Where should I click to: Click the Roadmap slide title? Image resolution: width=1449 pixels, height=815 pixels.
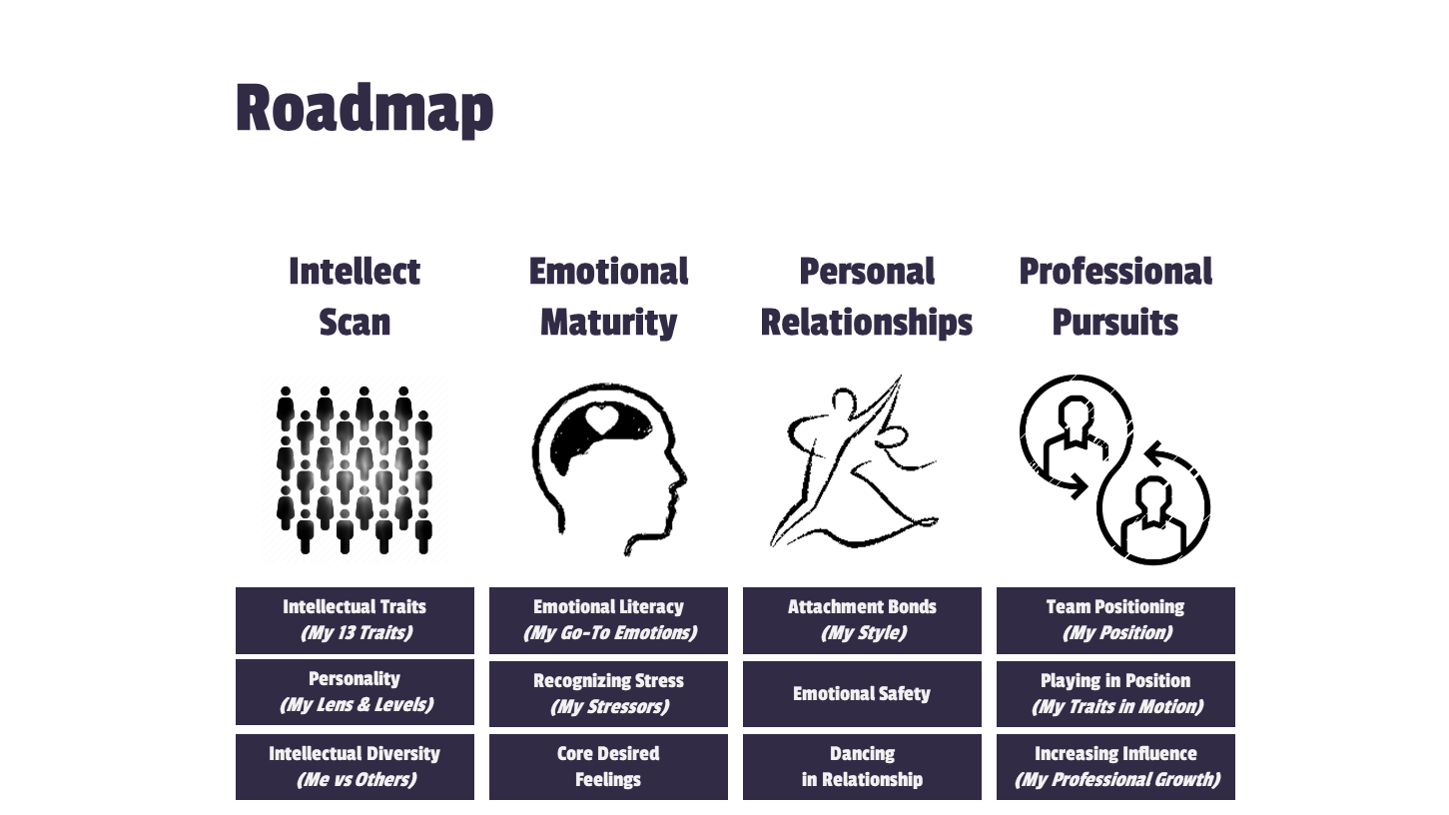(364, 108)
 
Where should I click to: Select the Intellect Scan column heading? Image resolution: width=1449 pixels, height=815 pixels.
(355, 297)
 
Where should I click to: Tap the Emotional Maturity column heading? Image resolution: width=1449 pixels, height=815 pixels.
(608, 297)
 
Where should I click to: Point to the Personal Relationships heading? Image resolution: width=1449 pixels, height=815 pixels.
(866, 297)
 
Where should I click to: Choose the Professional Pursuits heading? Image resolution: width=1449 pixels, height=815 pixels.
(1115, 297)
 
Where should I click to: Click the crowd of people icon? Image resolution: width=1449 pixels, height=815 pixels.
(355, 469)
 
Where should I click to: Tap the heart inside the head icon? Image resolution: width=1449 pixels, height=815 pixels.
(603, 419)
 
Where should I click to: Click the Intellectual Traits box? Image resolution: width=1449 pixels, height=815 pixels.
(355, 620)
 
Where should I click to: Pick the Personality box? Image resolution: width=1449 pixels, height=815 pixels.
(355, 692)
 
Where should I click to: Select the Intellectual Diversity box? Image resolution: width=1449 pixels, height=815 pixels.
(355, 767)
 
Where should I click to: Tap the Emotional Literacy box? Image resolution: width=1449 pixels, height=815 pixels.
(608, 620)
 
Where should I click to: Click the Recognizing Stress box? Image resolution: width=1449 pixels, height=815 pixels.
(608, 694)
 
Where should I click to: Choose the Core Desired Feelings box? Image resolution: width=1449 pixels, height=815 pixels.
(608, 767)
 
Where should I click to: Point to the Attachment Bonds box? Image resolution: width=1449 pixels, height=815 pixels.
(862, 620)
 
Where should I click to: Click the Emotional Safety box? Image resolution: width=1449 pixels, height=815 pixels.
(862, 694)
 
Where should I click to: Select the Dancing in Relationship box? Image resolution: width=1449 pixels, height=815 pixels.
(862, 767)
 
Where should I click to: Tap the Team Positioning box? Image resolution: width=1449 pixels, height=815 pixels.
(1115, 620)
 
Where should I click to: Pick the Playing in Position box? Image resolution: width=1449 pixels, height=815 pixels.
(1115, 694)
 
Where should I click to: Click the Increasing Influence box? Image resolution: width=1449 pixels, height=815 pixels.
(1115, 767)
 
